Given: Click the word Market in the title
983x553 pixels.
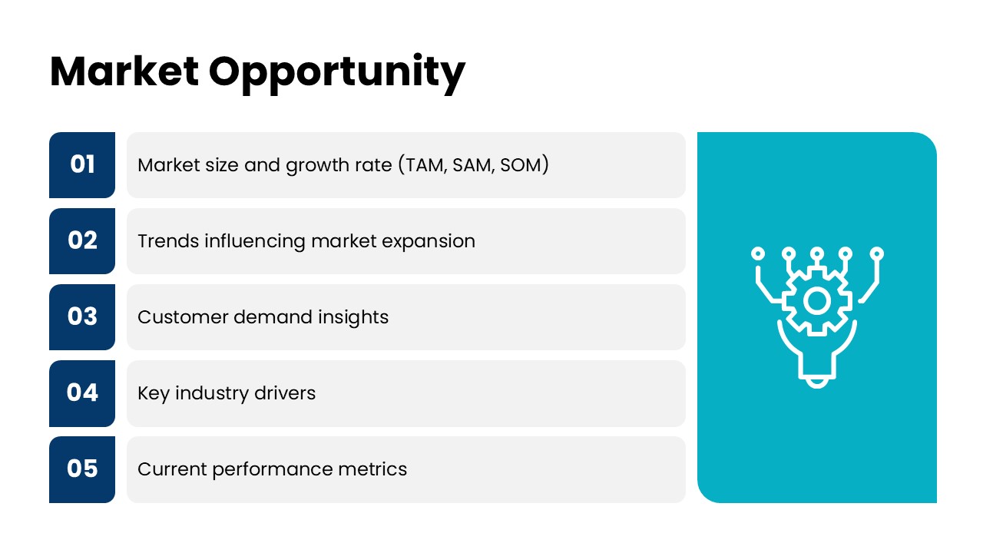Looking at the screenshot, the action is (x=124, y=71).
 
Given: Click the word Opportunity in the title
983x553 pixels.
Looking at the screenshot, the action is (x=336, y=74).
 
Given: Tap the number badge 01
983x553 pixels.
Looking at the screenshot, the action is (x=82, y=165).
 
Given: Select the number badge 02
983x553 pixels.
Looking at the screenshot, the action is (x=82, y=241).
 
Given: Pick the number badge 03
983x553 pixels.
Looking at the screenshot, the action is (x=82, y=317).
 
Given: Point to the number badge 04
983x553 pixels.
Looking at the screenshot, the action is (x=82, y=393).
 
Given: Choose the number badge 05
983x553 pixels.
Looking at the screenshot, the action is (x=82, y=469).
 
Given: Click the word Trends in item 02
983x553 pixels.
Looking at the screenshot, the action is (x=168, y=241).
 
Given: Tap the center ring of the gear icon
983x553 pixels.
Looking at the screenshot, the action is (x=816, y=301).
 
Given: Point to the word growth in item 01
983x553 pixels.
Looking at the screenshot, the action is (x=316, y=166).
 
